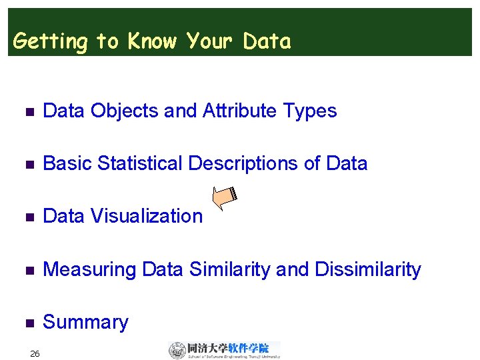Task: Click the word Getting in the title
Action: tap(50, 42)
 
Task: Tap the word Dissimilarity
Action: tap(367, 269)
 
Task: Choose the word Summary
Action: tap(85, 322)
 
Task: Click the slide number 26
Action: tap(35, 353)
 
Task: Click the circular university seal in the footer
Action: tap(177, 350)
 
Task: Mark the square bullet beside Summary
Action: tap(27, 323)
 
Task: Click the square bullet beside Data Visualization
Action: tap(27, 217)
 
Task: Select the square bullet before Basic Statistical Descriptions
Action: tap(27, 164)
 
